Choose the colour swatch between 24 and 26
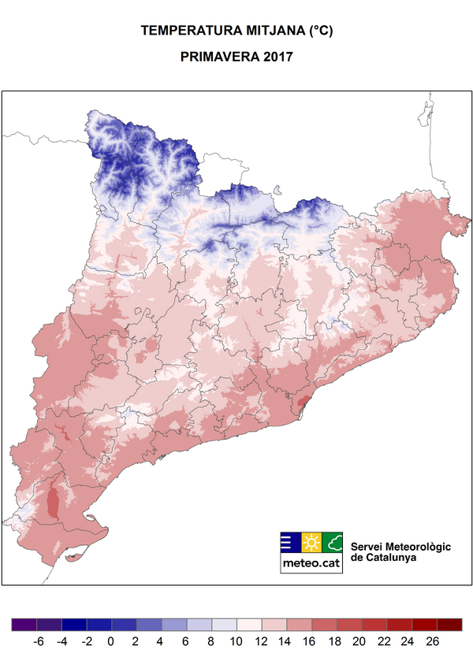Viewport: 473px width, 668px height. click(422, 625)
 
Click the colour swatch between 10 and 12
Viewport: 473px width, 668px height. click(248, 625)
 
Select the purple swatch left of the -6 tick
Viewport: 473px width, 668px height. click(24, 625)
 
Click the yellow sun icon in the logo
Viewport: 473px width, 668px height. click(311, 543)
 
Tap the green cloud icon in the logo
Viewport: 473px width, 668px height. click(333, 543)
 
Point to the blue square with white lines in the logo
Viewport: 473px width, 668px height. click(290, 543)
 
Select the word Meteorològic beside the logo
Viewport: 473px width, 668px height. click(418, 547)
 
